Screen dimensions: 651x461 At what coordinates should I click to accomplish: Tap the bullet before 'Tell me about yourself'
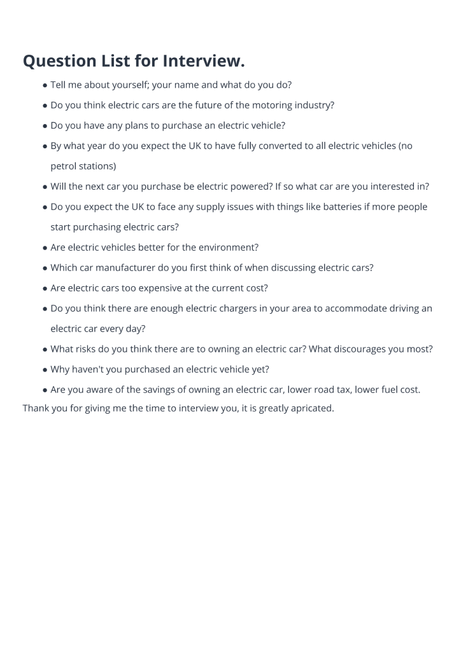tap(45, 85)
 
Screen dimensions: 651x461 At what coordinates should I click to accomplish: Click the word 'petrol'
tap(64, 166)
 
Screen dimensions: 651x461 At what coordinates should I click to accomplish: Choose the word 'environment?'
tap(229, 248)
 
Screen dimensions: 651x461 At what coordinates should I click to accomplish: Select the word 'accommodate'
tap(355, 309)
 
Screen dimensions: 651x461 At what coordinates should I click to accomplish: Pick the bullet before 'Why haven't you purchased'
tap(45, 370)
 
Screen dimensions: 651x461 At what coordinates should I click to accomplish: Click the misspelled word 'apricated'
tap(311, 408)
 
